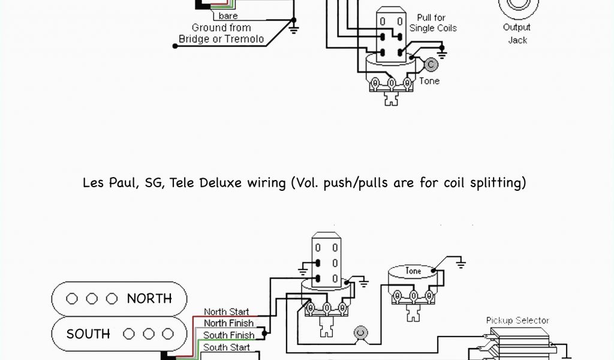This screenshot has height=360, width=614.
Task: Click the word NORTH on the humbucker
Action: click(x=149, y=298)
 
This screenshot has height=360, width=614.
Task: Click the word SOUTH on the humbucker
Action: click(x=88, y=334)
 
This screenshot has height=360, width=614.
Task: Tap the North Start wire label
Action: click(x=226, y=312)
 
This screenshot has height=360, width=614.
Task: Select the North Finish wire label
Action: click(x=228, y=323)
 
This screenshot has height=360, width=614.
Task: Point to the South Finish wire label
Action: click(x=228, y=335)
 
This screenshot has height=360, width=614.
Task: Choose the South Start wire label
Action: click(x=226, y=347)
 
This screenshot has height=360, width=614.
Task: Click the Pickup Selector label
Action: click(x=517, y=320)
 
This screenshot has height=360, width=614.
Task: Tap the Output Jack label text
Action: click(x=517, y=34)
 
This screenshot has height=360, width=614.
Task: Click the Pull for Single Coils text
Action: click(x=433, y=23)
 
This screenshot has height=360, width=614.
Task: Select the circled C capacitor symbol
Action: click(x=430, y=64)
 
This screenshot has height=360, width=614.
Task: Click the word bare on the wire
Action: click(x=228, y=16)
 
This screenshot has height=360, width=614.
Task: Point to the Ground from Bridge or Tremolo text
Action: click(x=221, y=34)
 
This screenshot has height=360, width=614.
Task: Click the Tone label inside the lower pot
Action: click(x=413, y=271)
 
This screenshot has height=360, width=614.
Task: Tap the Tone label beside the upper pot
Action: click(x=429, y=81)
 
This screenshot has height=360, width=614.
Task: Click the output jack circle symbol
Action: click(x=517, y=6)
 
